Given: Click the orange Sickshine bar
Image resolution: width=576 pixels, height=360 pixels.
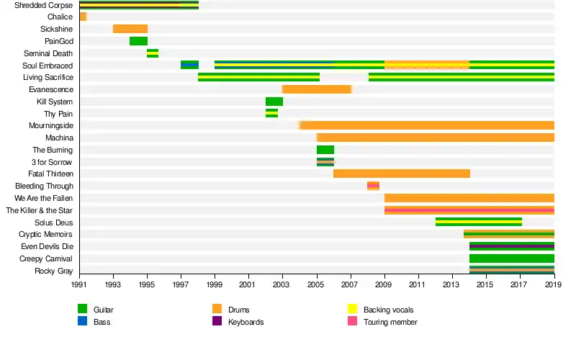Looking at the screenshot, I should [130, 29].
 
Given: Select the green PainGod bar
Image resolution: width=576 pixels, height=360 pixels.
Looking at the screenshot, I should [138, 41].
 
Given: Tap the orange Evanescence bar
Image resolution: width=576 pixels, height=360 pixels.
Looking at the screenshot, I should [317, 89].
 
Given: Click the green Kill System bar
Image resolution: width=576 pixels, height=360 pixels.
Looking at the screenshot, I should [274, 102].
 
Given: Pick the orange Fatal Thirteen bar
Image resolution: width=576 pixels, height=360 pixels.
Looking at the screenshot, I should [402, 174].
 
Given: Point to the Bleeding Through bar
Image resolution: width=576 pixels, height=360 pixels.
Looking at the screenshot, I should [373, 186].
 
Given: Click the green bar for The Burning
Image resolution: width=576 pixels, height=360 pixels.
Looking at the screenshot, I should [325, 150].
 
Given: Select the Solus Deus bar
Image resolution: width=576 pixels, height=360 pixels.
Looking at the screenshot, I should [479, 222].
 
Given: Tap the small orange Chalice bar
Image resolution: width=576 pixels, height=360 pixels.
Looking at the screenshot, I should [83, 17].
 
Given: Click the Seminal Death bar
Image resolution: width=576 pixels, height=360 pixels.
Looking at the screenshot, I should [153, 53].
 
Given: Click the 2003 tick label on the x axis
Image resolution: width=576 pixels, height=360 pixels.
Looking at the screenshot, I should [283, 286].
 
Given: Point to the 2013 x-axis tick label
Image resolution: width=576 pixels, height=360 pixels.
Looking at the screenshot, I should [452, 286].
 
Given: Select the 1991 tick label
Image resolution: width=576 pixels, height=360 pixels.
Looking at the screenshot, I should [79, 286].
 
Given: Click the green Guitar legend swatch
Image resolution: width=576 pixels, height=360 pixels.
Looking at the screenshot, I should [82, 310].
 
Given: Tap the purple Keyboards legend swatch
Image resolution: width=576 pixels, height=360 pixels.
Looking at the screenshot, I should [217, 322].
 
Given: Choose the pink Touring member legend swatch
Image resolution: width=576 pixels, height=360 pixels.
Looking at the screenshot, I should [352, 322].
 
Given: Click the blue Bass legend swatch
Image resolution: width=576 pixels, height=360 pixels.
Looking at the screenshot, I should [82, 322].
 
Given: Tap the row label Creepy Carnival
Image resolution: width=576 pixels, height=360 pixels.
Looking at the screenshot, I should [46, 258].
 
